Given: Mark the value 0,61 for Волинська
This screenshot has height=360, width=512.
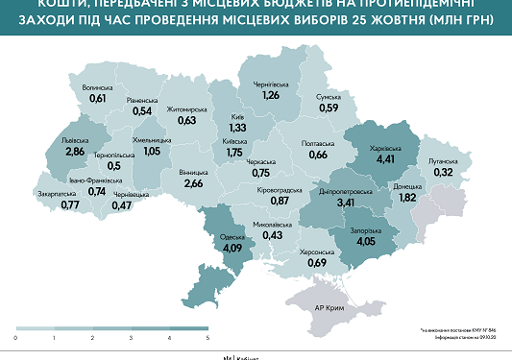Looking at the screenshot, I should [x=98, y=98].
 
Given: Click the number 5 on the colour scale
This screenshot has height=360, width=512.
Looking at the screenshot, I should [x=207, y=339].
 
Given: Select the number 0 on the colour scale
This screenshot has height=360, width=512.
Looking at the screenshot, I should [x=16, y=339].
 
